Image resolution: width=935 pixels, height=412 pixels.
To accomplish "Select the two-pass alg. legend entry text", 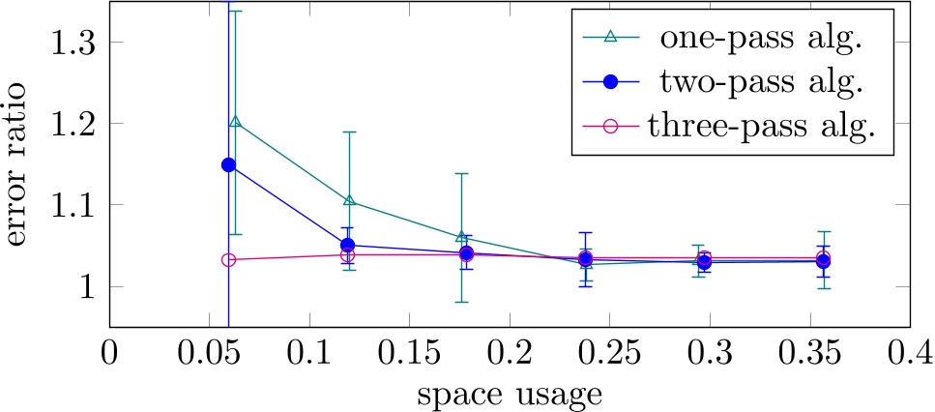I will click(x=759, y=82).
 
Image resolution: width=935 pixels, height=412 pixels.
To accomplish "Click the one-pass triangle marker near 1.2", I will click(x=235, y=123).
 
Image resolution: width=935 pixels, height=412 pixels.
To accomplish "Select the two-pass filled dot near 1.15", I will click(x=228, y=164).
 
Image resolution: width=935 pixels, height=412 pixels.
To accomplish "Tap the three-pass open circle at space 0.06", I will click(x=228, y=259).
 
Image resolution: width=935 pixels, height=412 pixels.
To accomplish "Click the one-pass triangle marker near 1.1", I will click(x=349, y=201).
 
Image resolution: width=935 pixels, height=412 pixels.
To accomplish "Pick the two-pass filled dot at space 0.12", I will click(x=348, y=245).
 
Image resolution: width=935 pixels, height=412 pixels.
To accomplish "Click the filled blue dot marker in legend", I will click(x=608, y=83).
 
